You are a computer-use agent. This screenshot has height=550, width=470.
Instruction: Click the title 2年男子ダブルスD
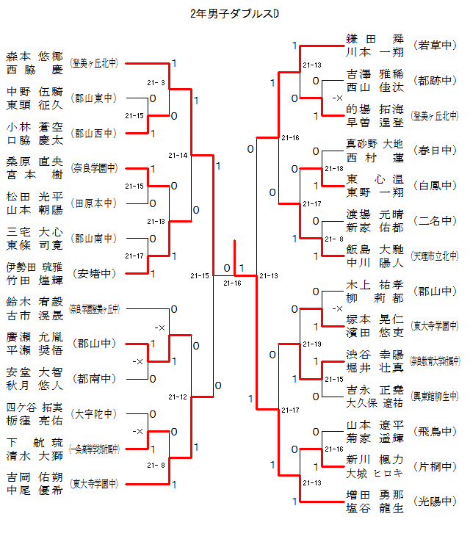point(234,13)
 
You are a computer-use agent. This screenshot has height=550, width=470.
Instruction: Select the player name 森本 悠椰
point(35,57)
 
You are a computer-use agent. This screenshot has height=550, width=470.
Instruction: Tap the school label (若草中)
point(435,45)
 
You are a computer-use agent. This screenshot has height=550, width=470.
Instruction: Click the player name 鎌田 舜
point(375,38)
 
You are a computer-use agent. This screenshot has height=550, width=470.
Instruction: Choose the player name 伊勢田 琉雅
point(35,267)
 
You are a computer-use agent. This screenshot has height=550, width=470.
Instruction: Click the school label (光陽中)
point(435,502)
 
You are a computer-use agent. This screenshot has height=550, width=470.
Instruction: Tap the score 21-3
point(156,82)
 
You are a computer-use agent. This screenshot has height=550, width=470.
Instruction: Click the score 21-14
point(178,156)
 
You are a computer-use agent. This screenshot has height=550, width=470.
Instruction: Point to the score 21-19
point(312,344)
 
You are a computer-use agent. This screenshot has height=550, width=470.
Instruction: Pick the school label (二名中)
point(435,221)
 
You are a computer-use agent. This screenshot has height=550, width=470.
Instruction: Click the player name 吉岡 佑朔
point(35,477)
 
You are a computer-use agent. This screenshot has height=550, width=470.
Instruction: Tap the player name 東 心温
point(375,178)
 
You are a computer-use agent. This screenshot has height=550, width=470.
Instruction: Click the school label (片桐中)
point(435,466)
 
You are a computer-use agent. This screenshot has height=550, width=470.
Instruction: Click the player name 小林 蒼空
point(35,126)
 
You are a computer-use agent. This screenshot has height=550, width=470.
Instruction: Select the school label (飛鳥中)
point(435,431)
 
